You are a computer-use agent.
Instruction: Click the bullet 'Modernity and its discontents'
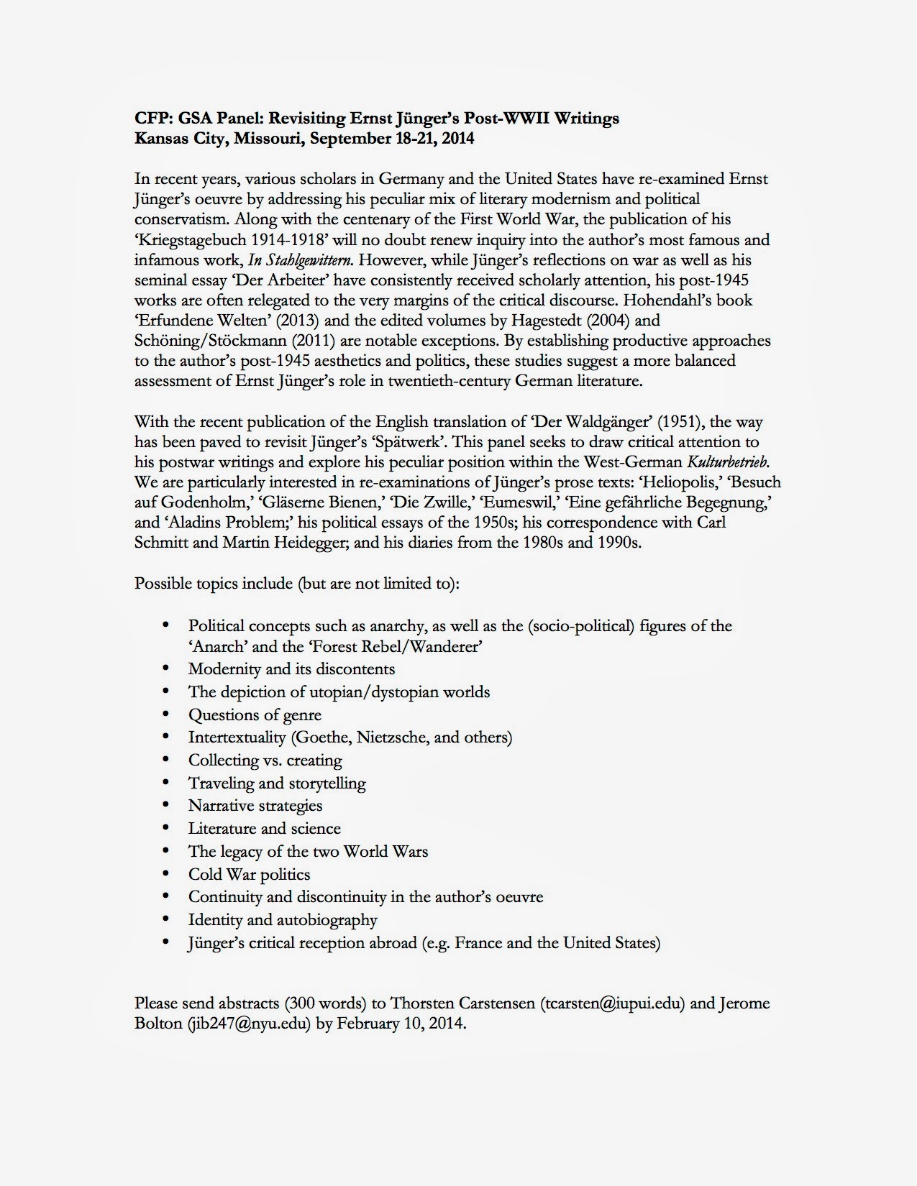point(291,669)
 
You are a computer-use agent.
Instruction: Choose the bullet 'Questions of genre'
point(255,714)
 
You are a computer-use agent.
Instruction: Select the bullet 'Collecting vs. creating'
point(265,760)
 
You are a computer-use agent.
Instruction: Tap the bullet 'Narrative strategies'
point(255,806)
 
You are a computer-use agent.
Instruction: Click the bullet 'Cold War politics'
point(249,874)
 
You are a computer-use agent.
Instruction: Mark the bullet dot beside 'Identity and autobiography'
point(167,919)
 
